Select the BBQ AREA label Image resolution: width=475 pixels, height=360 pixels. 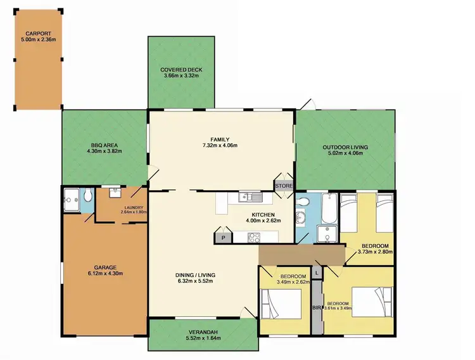[106, 145]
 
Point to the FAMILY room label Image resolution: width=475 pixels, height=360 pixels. [220, 139]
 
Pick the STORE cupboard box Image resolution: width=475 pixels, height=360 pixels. [283, 186]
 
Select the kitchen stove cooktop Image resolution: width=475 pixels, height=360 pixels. [254, 238]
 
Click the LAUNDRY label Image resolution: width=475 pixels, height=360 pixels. [134, 207]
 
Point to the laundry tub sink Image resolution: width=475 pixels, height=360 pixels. [115, 193]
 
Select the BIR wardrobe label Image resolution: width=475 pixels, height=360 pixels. [317, 308]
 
